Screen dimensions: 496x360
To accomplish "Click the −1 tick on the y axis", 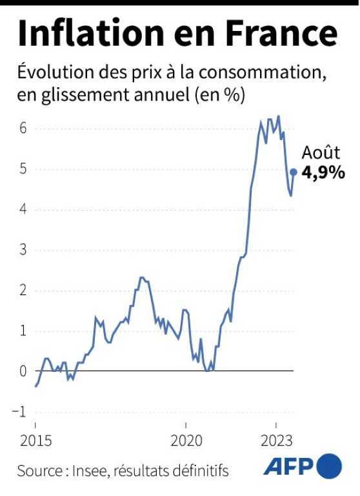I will click(x=19, y=412).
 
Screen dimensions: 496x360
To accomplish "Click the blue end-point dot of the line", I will click(x=294, y=172).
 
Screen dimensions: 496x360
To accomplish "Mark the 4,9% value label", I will click(x=323, y=173).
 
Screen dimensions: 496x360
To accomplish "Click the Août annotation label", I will click(x=321, y=154).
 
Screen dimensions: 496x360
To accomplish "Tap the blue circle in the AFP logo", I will click(x=329, y=466).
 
